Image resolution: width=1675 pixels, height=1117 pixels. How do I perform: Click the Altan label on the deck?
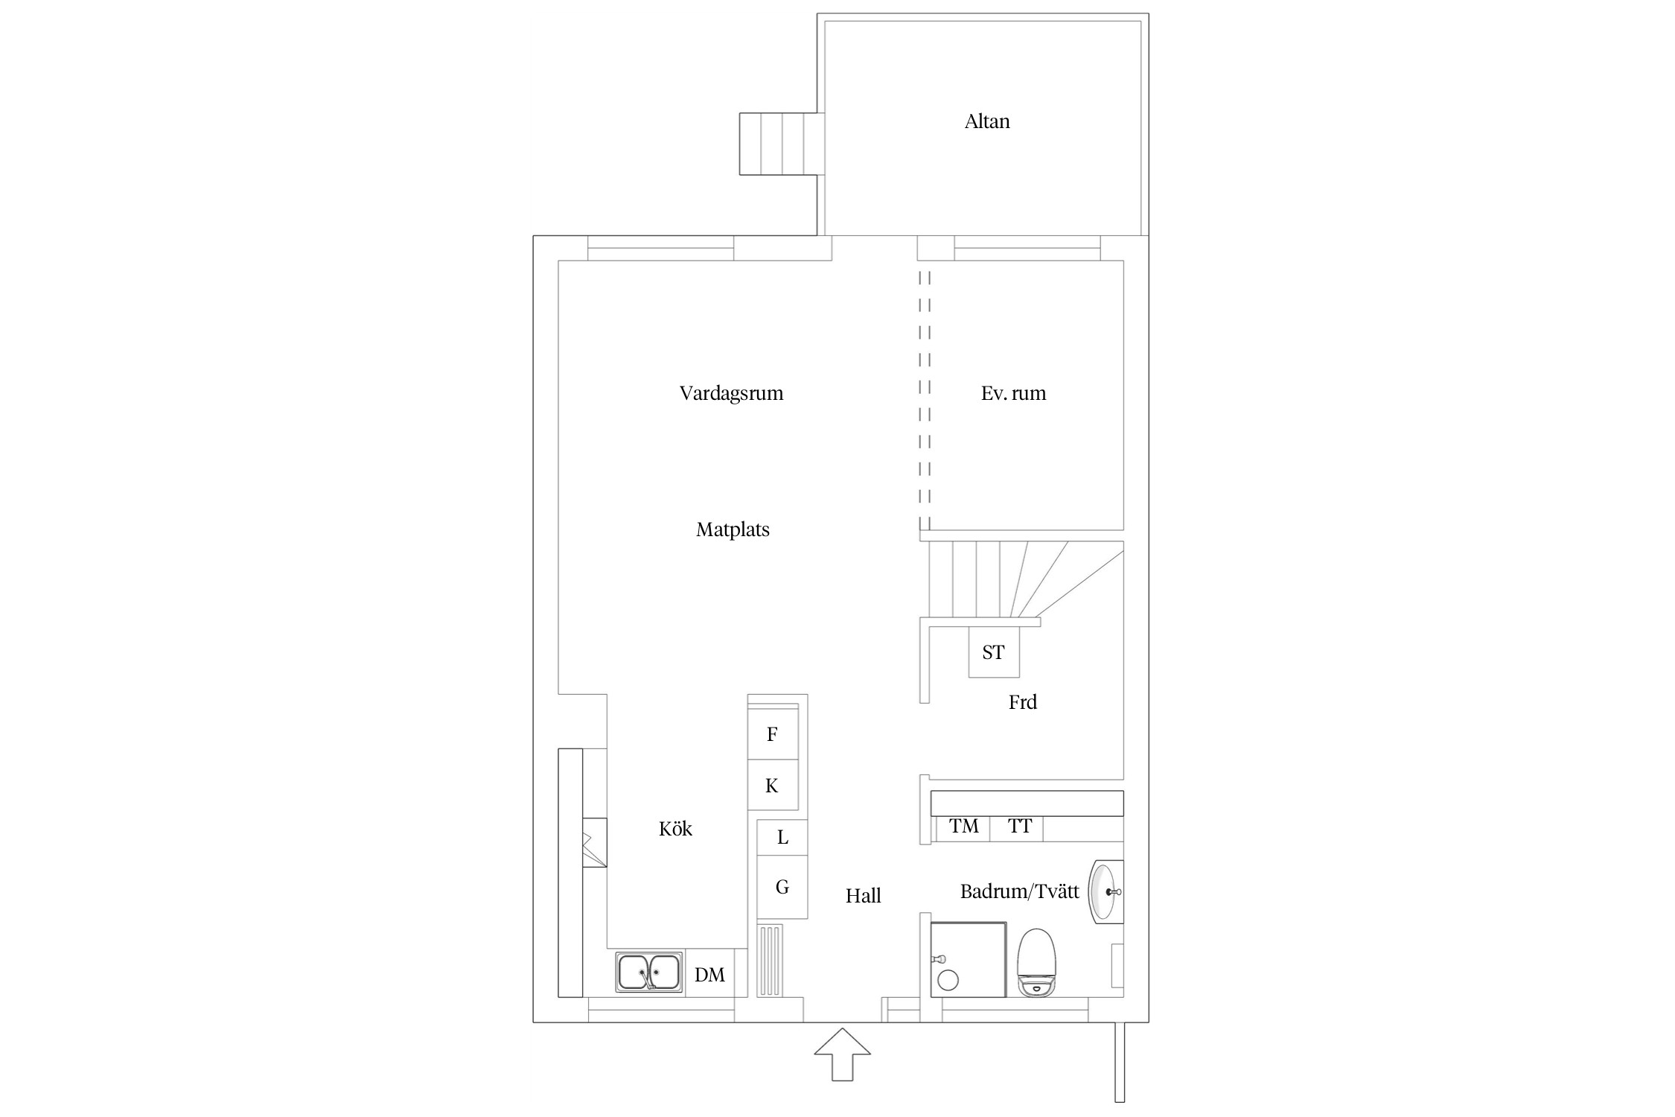(x=987, y=121)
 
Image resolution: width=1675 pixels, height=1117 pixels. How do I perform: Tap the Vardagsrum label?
(x=731, y=394)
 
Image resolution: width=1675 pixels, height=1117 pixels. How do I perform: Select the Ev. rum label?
(x=1013, y=393)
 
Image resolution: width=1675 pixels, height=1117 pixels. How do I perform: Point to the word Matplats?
(x=733, y=530)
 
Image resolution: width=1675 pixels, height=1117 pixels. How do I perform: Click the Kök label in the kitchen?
(x=675, y=829)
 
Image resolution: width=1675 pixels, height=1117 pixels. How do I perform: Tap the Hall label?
(x=863, y=896)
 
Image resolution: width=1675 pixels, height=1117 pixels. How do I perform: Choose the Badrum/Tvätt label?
(x=1019, y=891)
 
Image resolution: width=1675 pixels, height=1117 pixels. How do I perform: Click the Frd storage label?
(x=1022, y=702)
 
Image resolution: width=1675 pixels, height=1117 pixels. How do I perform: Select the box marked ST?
(x=994, y=652)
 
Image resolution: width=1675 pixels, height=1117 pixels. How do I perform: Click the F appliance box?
(x=773, y=734)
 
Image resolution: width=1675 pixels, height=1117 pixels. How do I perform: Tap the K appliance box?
(x=773, y=785)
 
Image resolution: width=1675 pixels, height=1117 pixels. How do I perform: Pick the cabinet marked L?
(x=782, y=838)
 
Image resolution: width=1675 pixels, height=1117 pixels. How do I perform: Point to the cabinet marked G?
(x=782, y=887)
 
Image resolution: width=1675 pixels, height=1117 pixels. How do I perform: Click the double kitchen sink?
(x=649, y=973)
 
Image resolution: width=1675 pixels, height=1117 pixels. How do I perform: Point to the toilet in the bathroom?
(x=1037, y=963)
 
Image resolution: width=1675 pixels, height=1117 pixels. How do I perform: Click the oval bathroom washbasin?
(x=1105, y=891)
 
